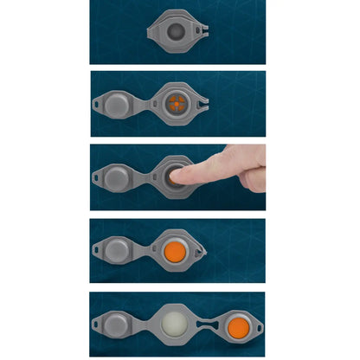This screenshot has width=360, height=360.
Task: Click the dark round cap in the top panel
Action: tap(177, 33)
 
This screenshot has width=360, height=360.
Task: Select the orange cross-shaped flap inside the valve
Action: tap(177, 105)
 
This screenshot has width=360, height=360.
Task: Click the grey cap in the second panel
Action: tap(119, 105)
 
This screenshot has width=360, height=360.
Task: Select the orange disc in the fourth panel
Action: tap(177, 251)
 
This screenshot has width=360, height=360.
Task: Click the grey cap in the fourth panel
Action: tap(119, 251)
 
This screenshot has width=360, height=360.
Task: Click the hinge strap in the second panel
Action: tap(143, 105)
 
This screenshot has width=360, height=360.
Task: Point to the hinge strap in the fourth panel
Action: tap(143, 251)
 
